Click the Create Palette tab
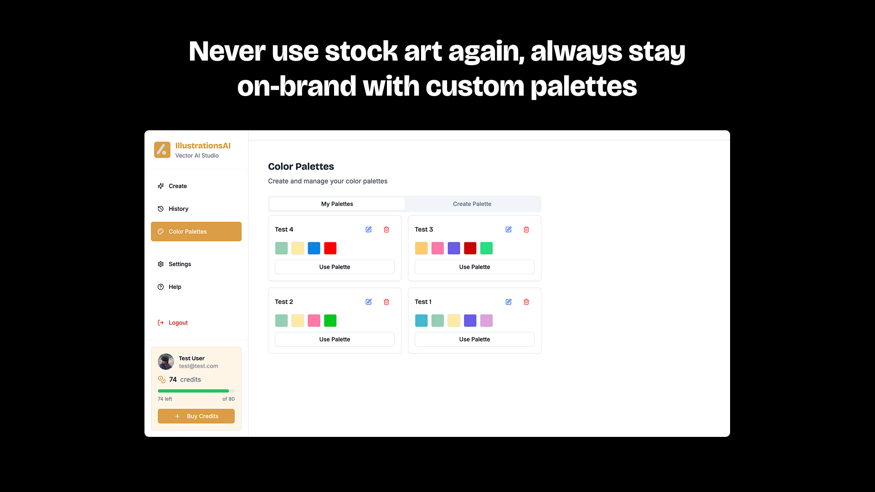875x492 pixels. [x=472, y=204]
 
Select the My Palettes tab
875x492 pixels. [x=337, y=204]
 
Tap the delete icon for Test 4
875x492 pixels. [x=386, y=230]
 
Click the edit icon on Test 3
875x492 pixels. [x=509, y=230]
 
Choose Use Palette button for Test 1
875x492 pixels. [x=474, y=339]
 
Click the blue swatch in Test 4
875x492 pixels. [x=314, y=248]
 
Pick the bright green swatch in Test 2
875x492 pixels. [x=330, y=321]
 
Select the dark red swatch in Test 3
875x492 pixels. [x=470, y=248]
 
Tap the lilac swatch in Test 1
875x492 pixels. [x=487, y=321]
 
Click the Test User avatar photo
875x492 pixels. [x=166, y=362]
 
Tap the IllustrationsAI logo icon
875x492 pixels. [x=162, y=149]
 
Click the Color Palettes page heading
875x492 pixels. [x=301, y=167]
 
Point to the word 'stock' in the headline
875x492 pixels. [x=361, y=51]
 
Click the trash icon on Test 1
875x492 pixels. [x=526, y=302]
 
